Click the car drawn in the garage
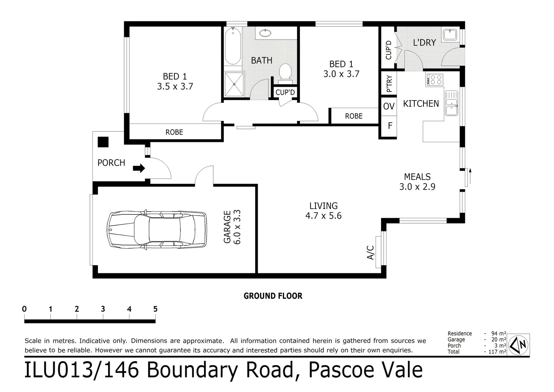pyautogui.click(x=157, y=230)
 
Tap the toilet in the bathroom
pyautogui.click(x=285, y=72)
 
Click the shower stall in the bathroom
pyautogui.click(x=234, y=84)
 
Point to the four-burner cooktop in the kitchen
pyautogui.click(x=435, y=79)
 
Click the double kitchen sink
pyautogui.click(x=451, y=103)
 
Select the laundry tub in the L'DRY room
pyautogui.click(x=450, y=35)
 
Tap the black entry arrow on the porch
pyautogui.click(x=139, y=168)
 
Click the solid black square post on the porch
pyautogui.click(x=103, y=142)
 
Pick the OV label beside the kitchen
pyautogui.click(x=389, y=106)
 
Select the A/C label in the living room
pyautogui.click(x=371, y=252)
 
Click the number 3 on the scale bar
pyautogui.click(x=103, y=309)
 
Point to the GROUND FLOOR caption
pyautogui.click(x=273, y=296)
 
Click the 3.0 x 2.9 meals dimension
pyautogui.click(x=417, y=187)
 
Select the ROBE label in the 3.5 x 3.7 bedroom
pyautogui.click(x=174, y=132)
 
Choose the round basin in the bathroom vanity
pyautogui.click(x=265, y=34)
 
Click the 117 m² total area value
pyautogui.click(x=497, y=351)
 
